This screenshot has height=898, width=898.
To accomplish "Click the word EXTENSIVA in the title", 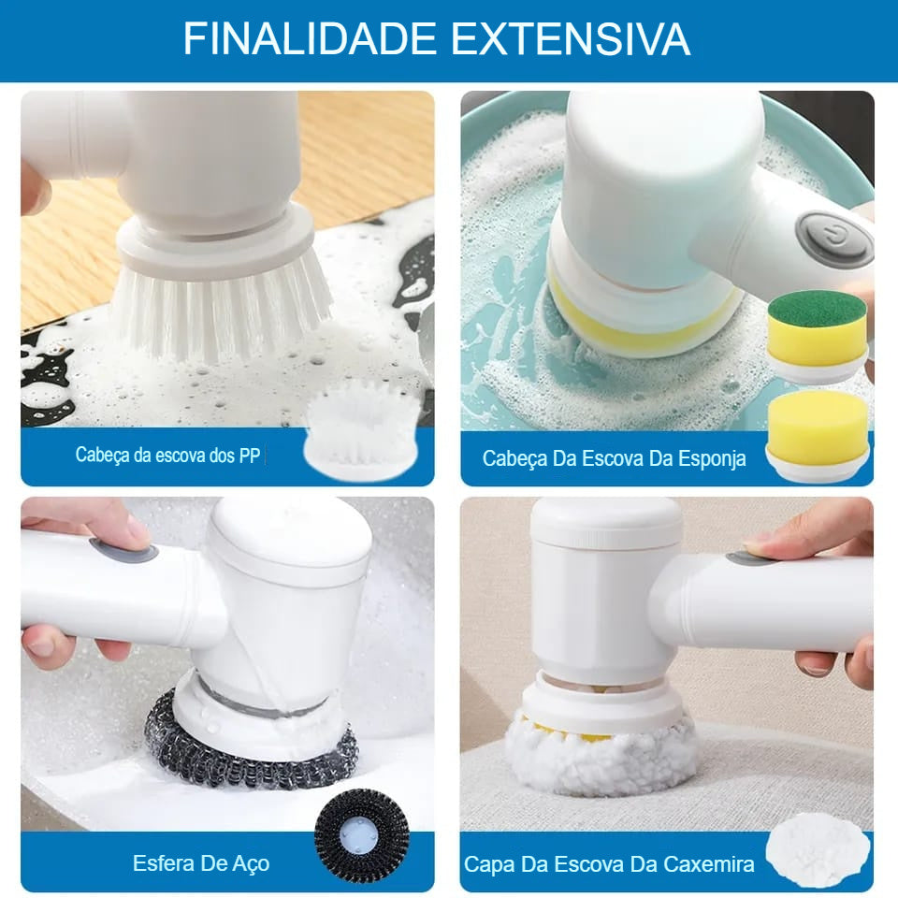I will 571,39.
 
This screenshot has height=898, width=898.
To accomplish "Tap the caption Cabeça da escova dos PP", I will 167,456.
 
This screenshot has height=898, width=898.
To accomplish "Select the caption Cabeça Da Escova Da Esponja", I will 614,458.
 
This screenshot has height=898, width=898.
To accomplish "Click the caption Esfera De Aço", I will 201,862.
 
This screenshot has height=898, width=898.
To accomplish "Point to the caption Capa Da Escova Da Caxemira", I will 609,864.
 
